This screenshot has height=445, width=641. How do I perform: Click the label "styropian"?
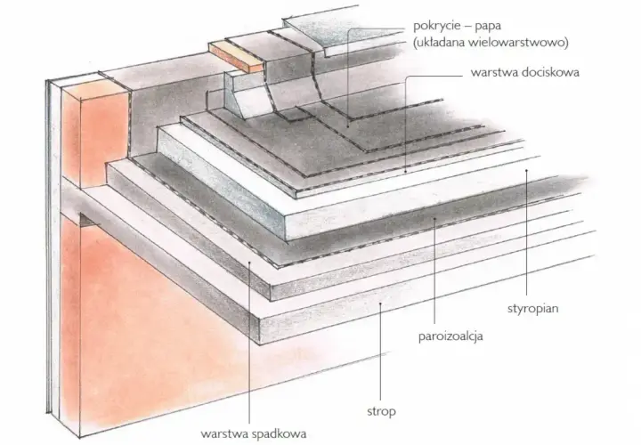tap(532, 309)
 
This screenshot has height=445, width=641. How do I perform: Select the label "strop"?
tap(381, 411)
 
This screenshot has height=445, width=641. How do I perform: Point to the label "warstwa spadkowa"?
tap(253, 433)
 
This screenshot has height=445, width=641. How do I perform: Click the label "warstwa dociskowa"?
tap(525, 73)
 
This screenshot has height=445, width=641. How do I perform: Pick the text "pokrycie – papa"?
tap(457, 26)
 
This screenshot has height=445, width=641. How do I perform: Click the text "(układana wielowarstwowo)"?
tap(491, 43)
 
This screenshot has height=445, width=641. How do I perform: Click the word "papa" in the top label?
tap(488, 27)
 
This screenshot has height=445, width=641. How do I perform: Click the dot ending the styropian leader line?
tap(526, 170)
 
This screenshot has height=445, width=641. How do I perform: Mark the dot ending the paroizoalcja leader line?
tap(435, 218)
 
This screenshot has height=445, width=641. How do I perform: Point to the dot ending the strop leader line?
tap(381, 303)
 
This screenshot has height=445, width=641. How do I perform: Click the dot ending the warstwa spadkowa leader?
tap(249, 263)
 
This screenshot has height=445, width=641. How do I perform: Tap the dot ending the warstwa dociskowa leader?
tap(405, 171)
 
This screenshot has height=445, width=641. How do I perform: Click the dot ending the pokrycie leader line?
tap(348, 126)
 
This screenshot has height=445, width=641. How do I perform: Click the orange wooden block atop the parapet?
tap(236, 56)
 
